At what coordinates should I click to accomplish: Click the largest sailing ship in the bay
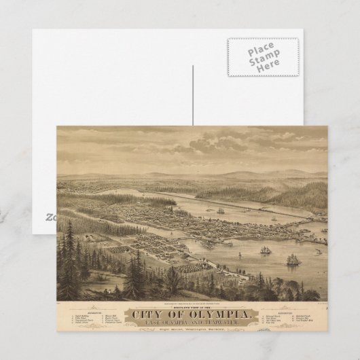tap(293, 259)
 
